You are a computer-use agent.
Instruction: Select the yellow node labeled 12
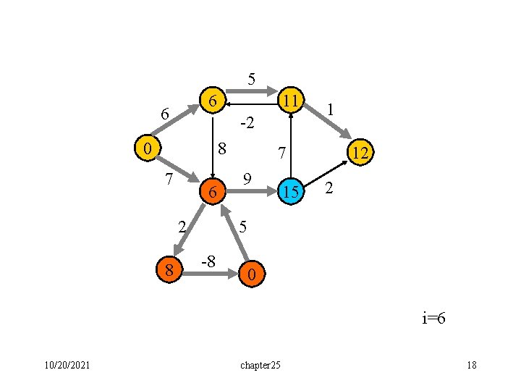coord(359,152)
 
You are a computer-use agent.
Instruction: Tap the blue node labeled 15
coord(291,192)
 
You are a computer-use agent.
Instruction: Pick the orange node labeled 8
coord(169,271)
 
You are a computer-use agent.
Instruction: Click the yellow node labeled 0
coord(148,148)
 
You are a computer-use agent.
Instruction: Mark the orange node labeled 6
coord(211,193)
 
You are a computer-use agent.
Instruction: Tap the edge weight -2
coord(246,123)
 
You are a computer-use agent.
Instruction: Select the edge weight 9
coord(247,178)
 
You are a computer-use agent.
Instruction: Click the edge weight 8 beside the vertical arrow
coord(223,149)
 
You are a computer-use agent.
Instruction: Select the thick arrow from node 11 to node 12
coord(331,125)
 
